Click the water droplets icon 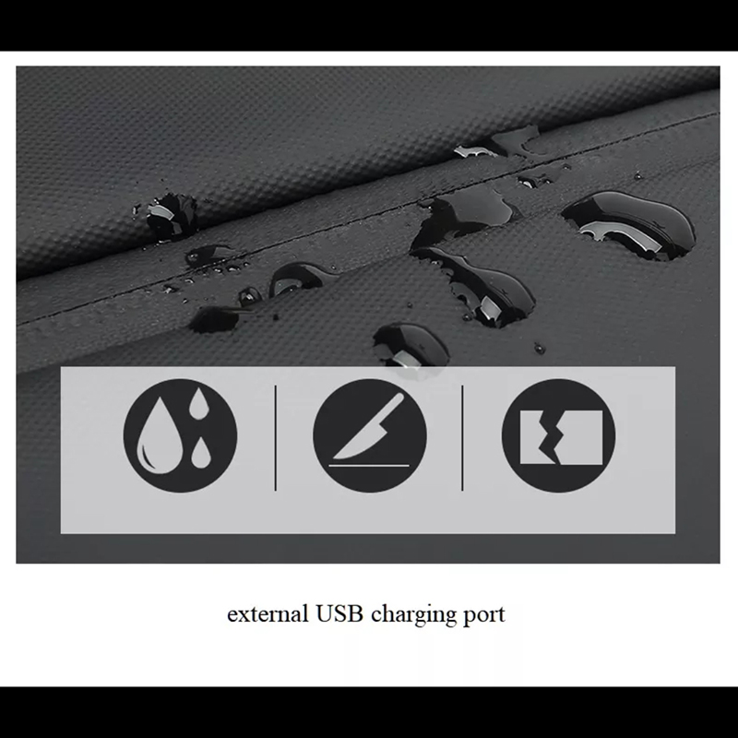180,435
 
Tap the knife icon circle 370,435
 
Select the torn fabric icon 559,435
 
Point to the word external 268,614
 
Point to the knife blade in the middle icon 369,427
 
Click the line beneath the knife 369,466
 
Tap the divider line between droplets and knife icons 275,437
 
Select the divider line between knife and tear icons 462,437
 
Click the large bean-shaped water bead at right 629,224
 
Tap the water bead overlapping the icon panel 411,346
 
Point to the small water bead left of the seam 171,217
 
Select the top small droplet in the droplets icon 198,403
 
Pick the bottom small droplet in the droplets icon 201,453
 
